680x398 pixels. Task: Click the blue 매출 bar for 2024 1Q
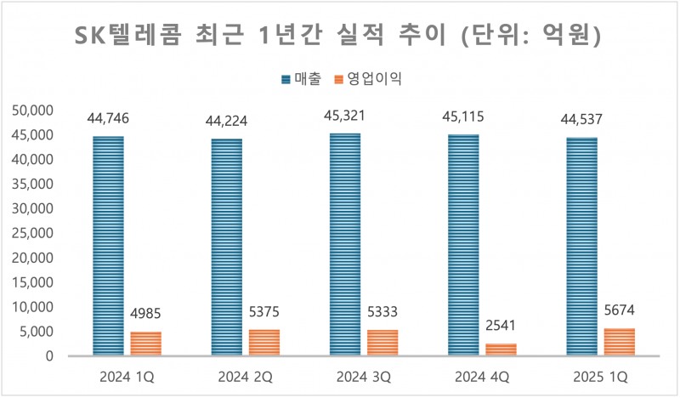pyautogui.click(x=108, y=245)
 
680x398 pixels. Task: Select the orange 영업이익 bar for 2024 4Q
pyautogui.click(x=501, y=350)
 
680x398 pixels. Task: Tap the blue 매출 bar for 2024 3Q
pyautogui.click(x=344, y=244)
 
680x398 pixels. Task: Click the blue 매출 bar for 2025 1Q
pyautogui.click(x=581, y=246)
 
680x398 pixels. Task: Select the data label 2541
pyautogui.click(x=501, y=327)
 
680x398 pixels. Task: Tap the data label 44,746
pyautogui.click(x=108, y=119)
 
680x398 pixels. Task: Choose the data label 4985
pyautogui.click(x=145, y=315)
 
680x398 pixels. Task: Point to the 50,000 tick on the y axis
pyautogui.click(x=31, y=111)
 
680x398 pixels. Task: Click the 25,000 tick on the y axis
pyautogui.click(x=31, y=233)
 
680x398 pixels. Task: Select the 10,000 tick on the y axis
pyautogui.click(x=31, y=307)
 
